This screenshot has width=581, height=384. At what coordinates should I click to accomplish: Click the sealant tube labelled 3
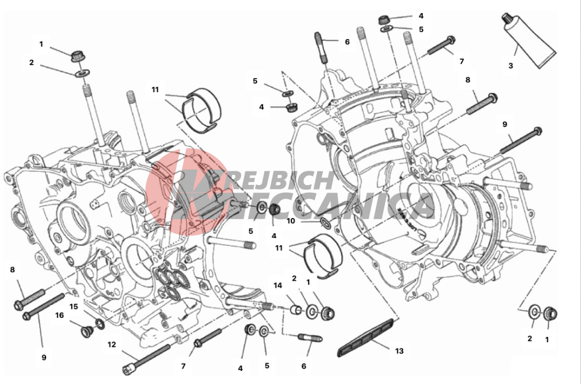[529, 41]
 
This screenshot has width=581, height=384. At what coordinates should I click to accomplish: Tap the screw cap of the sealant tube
[507, 18]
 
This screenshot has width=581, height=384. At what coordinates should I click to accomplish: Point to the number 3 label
[511, 66]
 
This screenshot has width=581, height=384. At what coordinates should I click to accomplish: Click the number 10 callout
[291, 221]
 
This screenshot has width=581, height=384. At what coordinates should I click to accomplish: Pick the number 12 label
[112, 345]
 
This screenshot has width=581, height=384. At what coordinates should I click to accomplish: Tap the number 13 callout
[399, 351]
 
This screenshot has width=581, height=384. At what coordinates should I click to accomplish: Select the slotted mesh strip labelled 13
[366, 337]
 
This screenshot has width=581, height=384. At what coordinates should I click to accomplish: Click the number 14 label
[278, 285]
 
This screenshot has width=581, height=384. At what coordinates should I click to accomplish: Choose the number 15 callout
[74, 307]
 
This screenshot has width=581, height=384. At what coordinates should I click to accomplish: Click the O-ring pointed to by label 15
[100, 324]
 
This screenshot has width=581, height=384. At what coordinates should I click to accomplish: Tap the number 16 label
[60, 315]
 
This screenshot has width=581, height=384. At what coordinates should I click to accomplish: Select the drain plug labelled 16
[87, 332]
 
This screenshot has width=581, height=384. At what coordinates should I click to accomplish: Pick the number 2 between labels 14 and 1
[294, 278]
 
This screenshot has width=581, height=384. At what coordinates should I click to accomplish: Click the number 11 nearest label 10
[279, 248]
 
